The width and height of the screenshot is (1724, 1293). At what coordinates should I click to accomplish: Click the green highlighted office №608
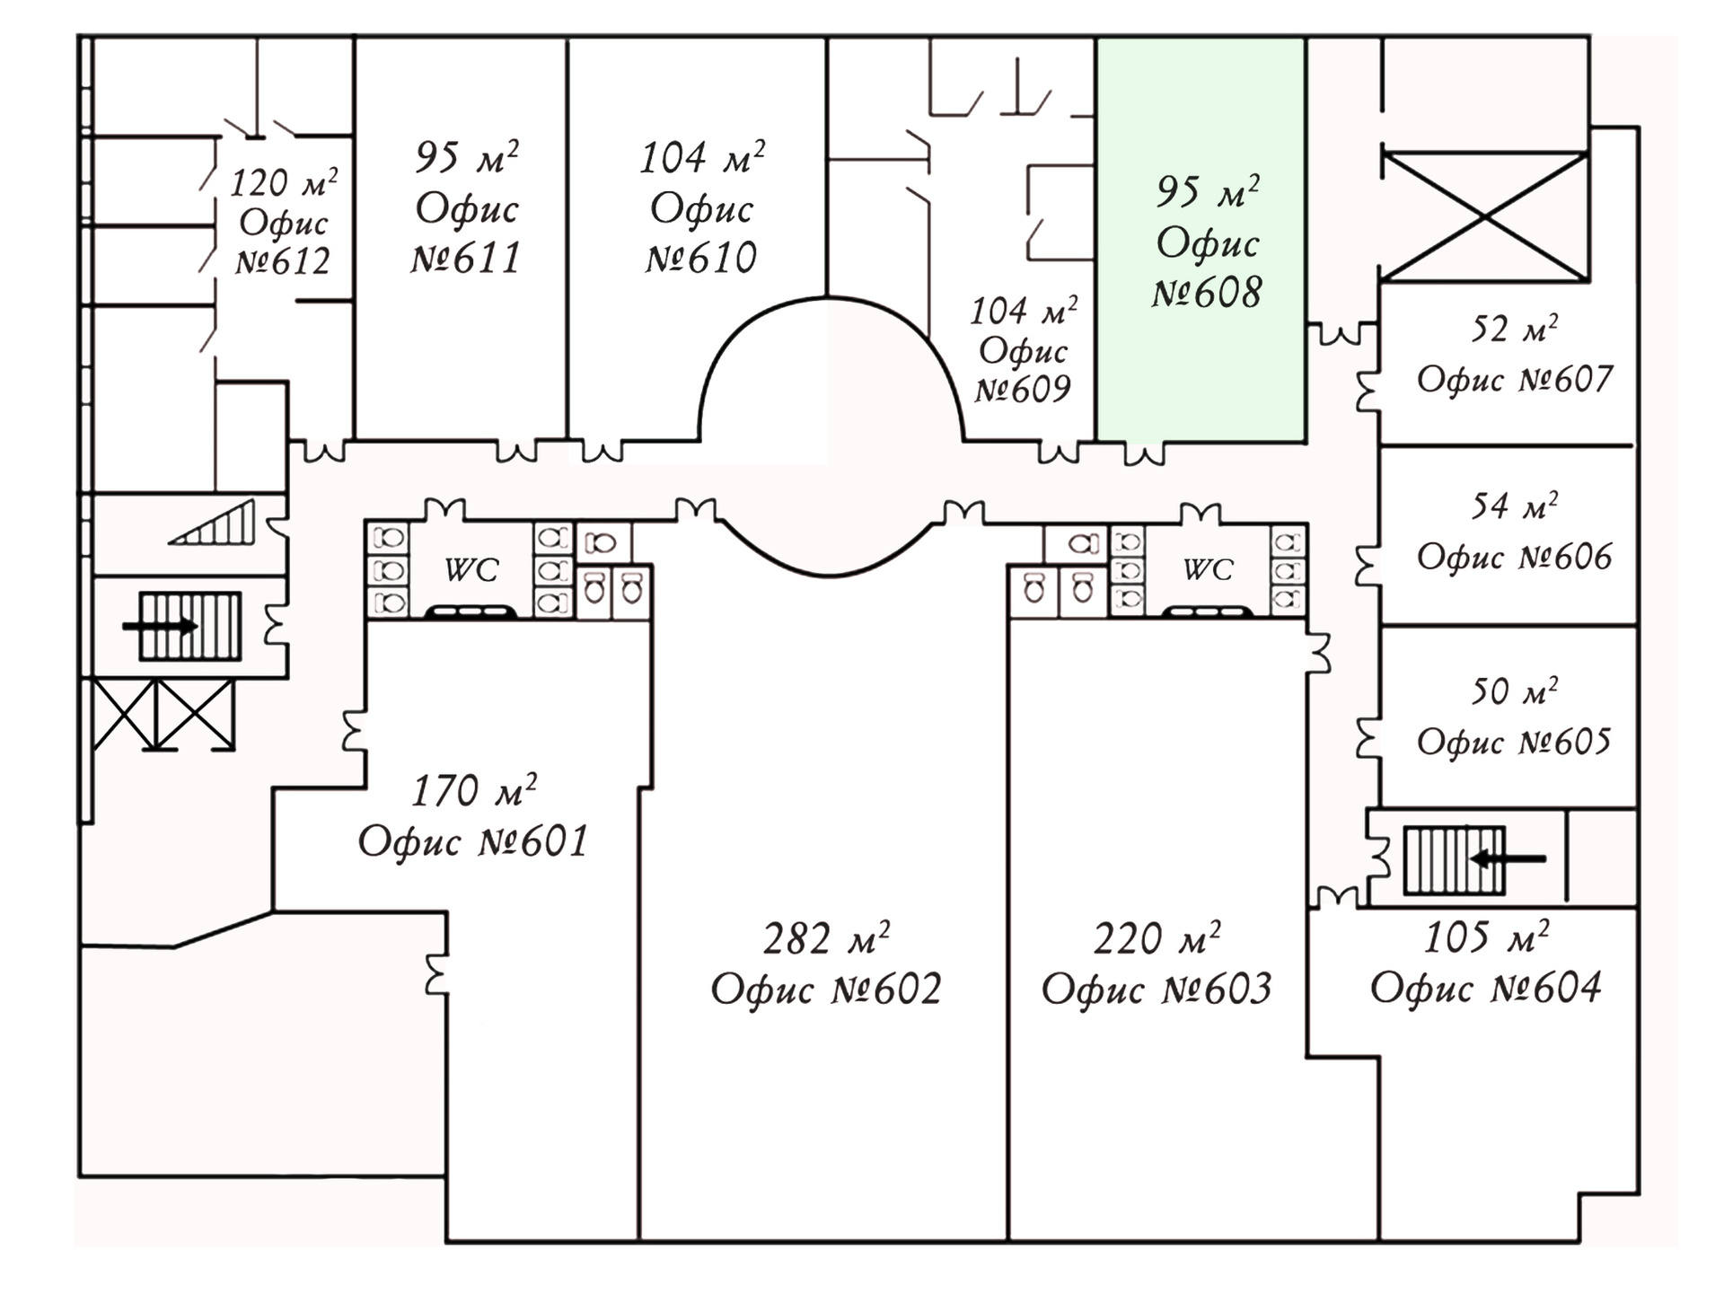click(x=1201, y=240)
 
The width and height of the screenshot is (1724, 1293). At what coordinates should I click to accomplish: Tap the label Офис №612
click(x=283, y=242)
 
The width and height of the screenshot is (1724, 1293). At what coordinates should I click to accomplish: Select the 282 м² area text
click(x=826, y=938)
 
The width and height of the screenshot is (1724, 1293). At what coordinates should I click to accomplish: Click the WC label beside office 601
click(x=471, y=569)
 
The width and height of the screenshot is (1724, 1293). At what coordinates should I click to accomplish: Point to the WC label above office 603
click(x=1208, y=569)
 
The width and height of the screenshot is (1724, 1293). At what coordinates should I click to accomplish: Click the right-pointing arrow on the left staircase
click(x=160, y=626)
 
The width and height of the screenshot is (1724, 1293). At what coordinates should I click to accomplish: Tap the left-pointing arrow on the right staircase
click(x=1508, y=859)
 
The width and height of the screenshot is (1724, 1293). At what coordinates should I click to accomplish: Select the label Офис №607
click(x=1515, y=379)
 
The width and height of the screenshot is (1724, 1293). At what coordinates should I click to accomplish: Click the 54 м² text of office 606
click(x=1514, y=506)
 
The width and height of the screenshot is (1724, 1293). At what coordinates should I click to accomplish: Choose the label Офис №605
click(x=1514, y=742)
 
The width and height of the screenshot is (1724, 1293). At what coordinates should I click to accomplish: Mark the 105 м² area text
click(x=1486, y=937)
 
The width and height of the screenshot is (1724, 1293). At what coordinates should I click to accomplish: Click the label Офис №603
click(x=1157, y=989)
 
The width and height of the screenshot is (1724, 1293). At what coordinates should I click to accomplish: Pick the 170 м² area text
click(x=474, y=790)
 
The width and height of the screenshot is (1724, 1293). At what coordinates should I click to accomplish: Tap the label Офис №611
click(x=466, y=233)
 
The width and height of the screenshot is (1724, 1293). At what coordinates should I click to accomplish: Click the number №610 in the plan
click(x=701, y=259)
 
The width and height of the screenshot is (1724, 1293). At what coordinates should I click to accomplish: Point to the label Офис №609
click(x=1024, y=369)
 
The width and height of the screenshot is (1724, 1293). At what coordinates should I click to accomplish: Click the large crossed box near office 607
click(x=1485, y=217)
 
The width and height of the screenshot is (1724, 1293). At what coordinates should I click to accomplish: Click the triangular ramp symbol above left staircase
click(x=213, y=523)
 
